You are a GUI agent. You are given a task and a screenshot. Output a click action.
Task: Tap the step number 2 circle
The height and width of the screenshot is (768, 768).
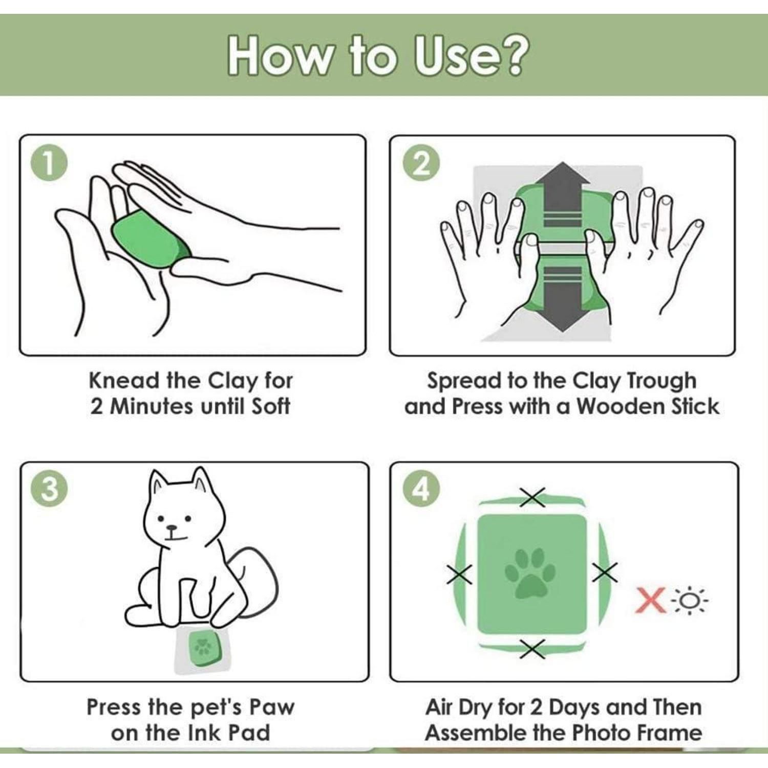tap(421, 164)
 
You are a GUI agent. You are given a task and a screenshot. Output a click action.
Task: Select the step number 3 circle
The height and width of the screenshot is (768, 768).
tap(49, 489)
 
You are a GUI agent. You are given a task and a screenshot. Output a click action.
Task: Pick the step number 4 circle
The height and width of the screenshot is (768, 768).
tap(421, 489)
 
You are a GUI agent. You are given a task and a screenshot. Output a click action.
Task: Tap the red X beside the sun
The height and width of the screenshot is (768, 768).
tap(650, 600)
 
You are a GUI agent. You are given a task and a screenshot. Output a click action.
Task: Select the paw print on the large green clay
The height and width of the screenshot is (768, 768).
tap(531, 573)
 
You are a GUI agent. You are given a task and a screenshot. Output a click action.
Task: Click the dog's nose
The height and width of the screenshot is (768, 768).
tap(172, 528)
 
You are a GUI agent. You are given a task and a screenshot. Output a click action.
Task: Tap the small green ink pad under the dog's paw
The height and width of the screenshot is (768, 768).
tap(203, 649)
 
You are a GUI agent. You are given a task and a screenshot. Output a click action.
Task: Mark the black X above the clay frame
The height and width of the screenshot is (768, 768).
tap(532, 497)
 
